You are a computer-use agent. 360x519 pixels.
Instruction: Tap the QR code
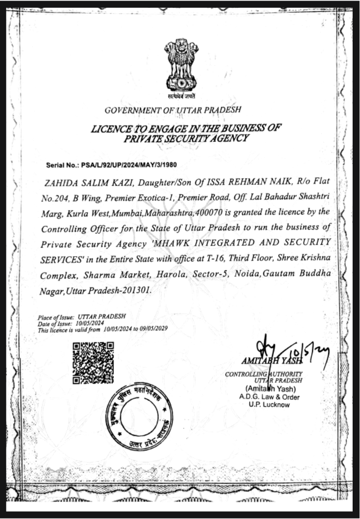point(93,363)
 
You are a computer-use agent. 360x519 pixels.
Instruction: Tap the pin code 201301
point(137,290)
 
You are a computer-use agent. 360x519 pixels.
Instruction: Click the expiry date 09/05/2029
point(152,329)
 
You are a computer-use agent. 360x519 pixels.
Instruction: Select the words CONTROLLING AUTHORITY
point(264,374)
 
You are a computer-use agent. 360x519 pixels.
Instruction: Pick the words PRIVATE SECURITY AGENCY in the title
point(187,138)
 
